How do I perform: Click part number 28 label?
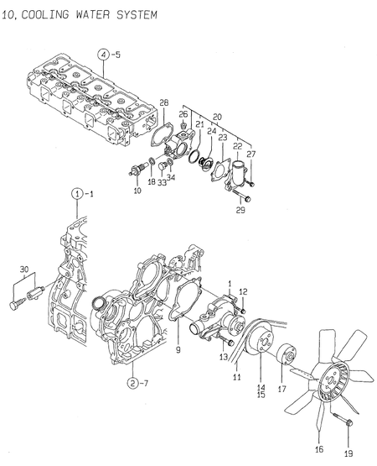pyautogui.click(x=164, y=102)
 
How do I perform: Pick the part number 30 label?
pyautogui.click(x=23, y=270)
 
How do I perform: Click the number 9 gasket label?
pyautogui.click(x=177, y=346)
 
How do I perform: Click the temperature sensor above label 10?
pyautogui.click(x=132, y=173)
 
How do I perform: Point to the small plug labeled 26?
pyautogui.click(x=183, y=128)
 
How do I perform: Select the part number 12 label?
pyautogui.click(x=245, y=291)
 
